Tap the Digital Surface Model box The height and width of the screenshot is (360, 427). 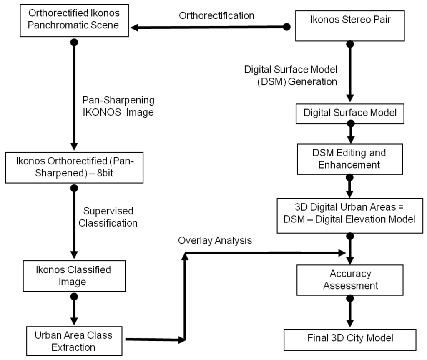click(349, 113)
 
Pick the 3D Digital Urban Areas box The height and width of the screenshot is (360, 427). click(349, 213)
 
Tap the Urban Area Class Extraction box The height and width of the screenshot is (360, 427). click(74, 341)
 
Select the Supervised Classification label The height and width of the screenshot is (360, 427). click(111, 217)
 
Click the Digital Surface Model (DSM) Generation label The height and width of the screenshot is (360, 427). click(290, 76)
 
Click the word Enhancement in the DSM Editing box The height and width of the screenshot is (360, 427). click(349, 164)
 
